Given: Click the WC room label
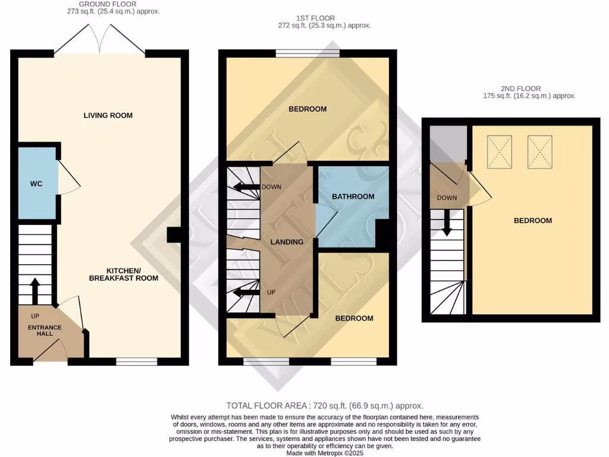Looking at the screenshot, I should click(36, 184).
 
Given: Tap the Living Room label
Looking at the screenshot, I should click(108, 115).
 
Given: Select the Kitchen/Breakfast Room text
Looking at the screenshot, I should click(124, 274).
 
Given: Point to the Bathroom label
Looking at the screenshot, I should click(353, 196).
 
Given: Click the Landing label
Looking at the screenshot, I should click(287, 242).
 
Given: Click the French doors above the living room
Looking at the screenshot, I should click(101, 40).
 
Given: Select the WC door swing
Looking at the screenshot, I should click(68, 177).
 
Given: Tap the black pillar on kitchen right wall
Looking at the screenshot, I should click(174, 235).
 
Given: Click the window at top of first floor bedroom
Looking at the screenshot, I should click(307, 54).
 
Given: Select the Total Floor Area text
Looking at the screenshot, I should click(325, 405).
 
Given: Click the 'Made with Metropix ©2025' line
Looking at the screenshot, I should click(324, 452).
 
